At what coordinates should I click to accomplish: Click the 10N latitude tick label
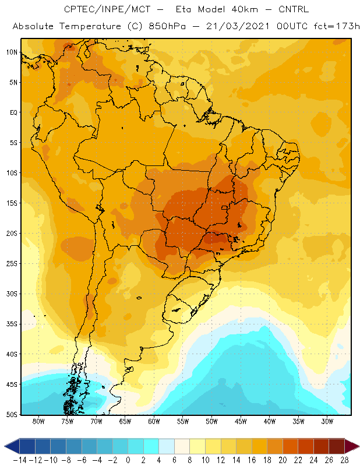tap(12, 52)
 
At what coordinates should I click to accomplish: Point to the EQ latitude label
tap(13, 112)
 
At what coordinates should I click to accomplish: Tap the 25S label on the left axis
tap(12, 264)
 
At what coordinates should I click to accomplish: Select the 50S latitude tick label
tap(12, 414)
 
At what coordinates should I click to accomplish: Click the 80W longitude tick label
tap(38, 421)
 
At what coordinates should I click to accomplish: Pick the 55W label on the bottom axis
tap(183, 421)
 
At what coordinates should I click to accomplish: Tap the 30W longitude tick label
tap(327, 421)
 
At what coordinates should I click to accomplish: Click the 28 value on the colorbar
tap(344, 460)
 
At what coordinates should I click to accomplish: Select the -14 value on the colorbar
tap(20, 460)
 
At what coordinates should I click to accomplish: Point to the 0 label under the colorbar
tap(128, 460)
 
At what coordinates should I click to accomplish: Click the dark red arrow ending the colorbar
tap(352, 446)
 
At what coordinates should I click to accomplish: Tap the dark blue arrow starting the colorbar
tap(12, 446)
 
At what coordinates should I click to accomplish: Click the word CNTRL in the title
tap(294, 9)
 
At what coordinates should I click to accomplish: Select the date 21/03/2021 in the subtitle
tap(238, 26)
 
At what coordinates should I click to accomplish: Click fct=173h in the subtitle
tap(337, 26)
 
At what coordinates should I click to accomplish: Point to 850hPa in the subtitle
tap(167, 26)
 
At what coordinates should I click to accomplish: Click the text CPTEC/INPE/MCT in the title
tap(107, 9)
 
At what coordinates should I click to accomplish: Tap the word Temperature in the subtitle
tap(90, 27)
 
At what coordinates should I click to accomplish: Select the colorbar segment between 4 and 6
tap(167, 446)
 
